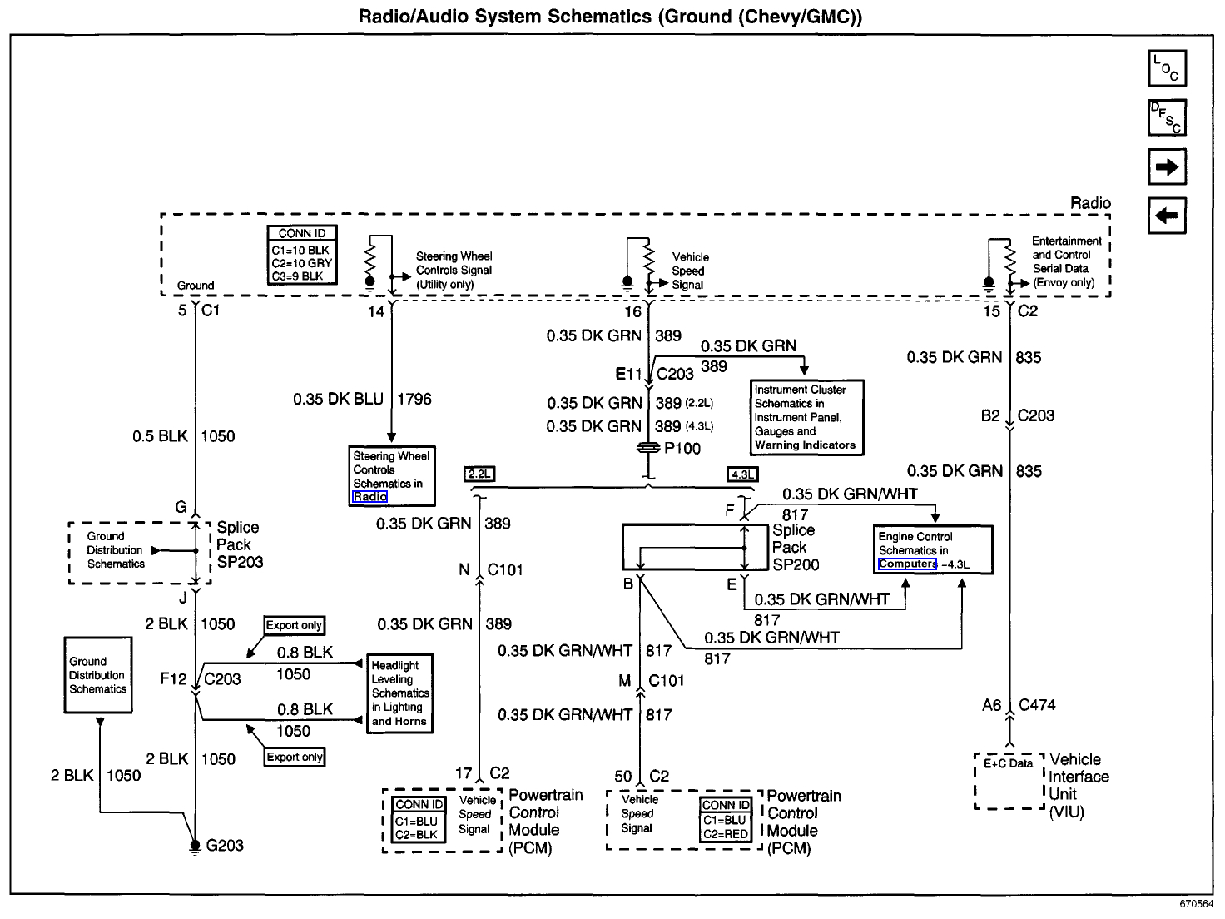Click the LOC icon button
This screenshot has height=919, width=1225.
(1167, 68)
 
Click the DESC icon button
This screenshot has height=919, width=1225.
(1167, 117)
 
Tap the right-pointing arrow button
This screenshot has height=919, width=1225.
(1167, 166)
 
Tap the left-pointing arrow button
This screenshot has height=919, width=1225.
(1167, 216)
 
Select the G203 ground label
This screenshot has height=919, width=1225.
(225, 846)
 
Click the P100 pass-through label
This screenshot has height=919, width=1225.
(682, 449)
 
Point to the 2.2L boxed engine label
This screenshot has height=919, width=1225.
(480, 474)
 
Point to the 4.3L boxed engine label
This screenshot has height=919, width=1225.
(742, 475)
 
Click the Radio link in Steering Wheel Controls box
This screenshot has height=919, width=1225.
(369, 497)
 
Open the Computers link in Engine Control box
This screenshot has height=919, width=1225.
(907, 564)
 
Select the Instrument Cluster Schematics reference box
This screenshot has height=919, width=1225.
(806, 417)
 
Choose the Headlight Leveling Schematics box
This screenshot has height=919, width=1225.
(400, 693)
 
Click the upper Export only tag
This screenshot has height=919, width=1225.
(294, 626)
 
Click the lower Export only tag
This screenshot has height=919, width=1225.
(294, 758)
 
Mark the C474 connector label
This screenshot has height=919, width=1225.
(1037, 705)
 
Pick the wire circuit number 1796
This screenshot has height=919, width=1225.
(414, 400)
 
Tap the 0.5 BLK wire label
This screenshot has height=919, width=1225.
(160, 436)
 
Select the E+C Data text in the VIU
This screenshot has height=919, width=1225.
(1008, 763)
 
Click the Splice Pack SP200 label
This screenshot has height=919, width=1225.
(795, 548)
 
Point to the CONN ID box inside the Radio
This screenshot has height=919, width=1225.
(302, 256)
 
